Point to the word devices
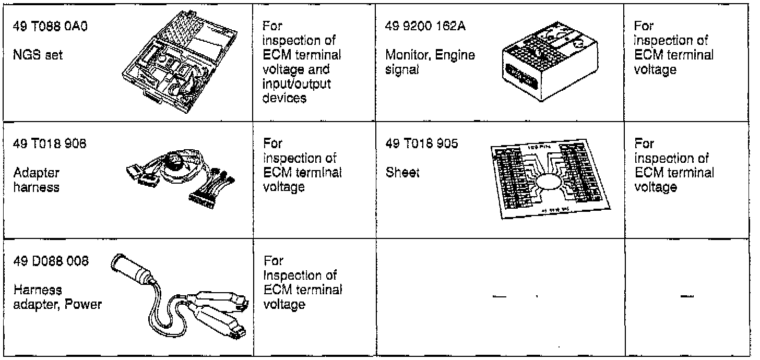tap(285, 98)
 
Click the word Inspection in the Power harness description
tap(296, 275)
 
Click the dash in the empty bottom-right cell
tap(687, 297)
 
